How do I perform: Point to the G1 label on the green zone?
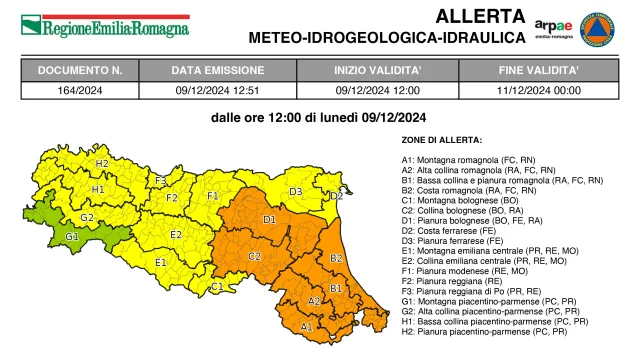(71, 236)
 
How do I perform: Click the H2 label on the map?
(102, 163)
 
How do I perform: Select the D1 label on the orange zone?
(269, 218)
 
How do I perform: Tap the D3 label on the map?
(296, 191)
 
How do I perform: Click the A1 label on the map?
(306, 326)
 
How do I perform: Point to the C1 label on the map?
(216, 287)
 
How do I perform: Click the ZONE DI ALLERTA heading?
(441, 140)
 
